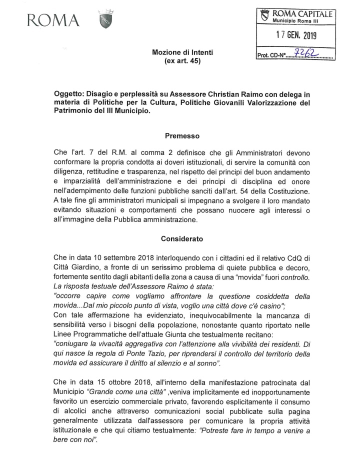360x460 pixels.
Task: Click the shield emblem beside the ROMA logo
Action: (x=105, y=20)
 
